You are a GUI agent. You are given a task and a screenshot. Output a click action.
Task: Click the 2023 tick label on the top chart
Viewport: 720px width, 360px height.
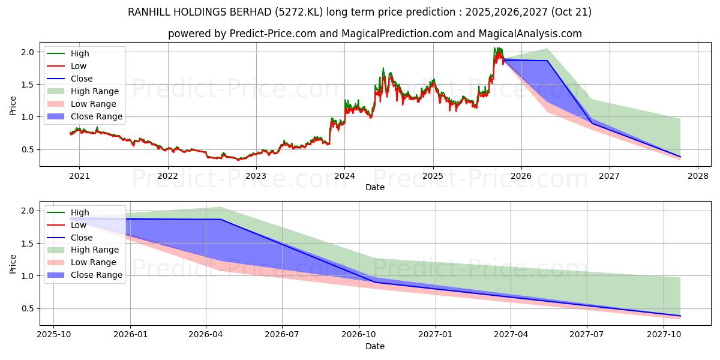pyautogui.click(x=256, y=176)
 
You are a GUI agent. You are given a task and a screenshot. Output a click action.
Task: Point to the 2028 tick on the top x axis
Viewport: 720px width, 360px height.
pyautogui.click(x=698, y=176)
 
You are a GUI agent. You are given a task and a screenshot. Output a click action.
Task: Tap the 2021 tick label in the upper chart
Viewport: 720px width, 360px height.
pyautogui.click(x=79, y=176)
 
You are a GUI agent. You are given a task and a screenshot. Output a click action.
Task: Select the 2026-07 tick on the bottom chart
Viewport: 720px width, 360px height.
pyautogui.click(x=283, y=335)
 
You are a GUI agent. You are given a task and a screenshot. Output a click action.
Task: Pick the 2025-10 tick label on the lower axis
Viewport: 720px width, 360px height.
pyautogui.click(x=53, y=335)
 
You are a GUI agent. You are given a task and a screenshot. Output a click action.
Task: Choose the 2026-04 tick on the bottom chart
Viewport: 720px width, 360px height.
pyautogui.click(x=206, y=335)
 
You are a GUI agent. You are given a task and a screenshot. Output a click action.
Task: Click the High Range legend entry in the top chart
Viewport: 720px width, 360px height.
pyautogui.click(x=94, y=91)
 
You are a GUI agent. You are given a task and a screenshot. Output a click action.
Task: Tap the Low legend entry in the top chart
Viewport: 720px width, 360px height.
pyautogui.click(x=79, y=66)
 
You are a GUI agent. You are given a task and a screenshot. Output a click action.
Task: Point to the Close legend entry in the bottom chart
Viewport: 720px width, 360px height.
pyautogui.click(x=82, y=238)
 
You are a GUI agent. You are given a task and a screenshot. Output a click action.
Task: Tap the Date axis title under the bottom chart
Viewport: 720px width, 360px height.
pyautogui.click(x=375, y=346)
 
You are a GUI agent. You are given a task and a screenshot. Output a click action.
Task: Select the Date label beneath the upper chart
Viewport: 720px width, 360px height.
pyautogui.click(x=375, y=187)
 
